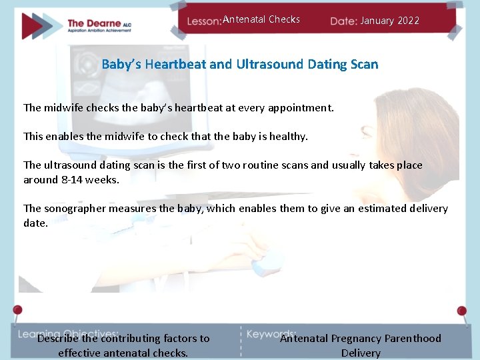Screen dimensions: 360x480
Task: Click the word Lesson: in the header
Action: pyautogui.click(x=203, y=21)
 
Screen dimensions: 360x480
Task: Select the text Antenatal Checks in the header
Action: pyautogui.click(x=261, y=19)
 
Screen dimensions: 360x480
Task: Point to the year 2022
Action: pyautogui.click(x=407, y=21)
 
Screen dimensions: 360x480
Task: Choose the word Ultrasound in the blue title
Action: pyautogui.click(x=266, y=65)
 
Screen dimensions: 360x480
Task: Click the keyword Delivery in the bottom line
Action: pyautogui.click(x=361, y=353)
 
